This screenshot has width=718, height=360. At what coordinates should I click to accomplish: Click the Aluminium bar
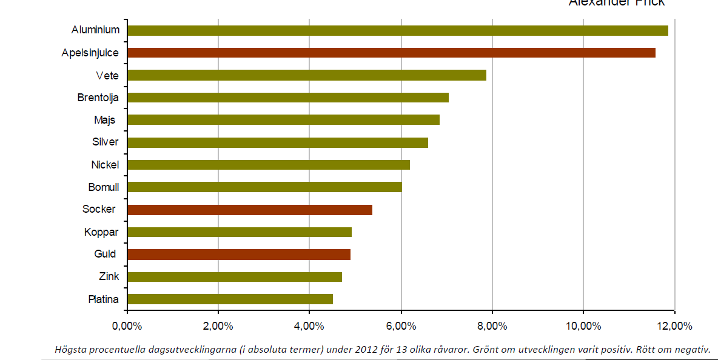pos(397,30)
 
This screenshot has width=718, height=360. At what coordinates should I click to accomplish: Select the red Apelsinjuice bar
pos(391,53)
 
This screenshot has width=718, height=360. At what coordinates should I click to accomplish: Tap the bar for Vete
pos(306,75)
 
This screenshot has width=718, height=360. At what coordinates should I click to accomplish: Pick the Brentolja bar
pos(287,98)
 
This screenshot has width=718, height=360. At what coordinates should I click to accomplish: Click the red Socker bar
pos(249,210)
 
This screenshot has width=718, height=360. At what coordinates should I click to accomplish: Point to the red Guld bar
pos(238,255)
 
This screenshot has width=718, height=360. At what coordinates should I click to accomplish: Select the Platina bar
pos(230,299)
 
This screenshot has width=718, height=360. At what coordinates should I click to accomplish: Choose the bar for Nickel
pos(268,165)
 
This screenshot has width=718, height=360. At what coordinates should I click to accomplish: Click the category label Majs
pos(105,120)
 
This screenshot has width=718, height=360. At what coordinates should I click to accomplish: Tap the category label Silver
pos(105,142)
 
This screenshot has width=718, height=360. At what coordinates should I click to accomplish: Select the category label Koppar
pos(102,232)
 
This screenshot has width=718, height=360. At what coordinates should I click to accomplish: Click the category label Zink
pos(109,276)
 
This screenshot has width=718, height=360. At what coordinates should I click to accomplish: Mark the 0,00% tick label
pos(127,326)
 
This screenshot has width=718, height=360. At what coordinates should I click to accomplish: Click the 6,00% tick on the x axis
pos(401,326)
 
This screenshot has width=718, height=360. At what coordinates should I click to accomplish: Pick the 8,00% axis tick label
pos(492,326)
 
